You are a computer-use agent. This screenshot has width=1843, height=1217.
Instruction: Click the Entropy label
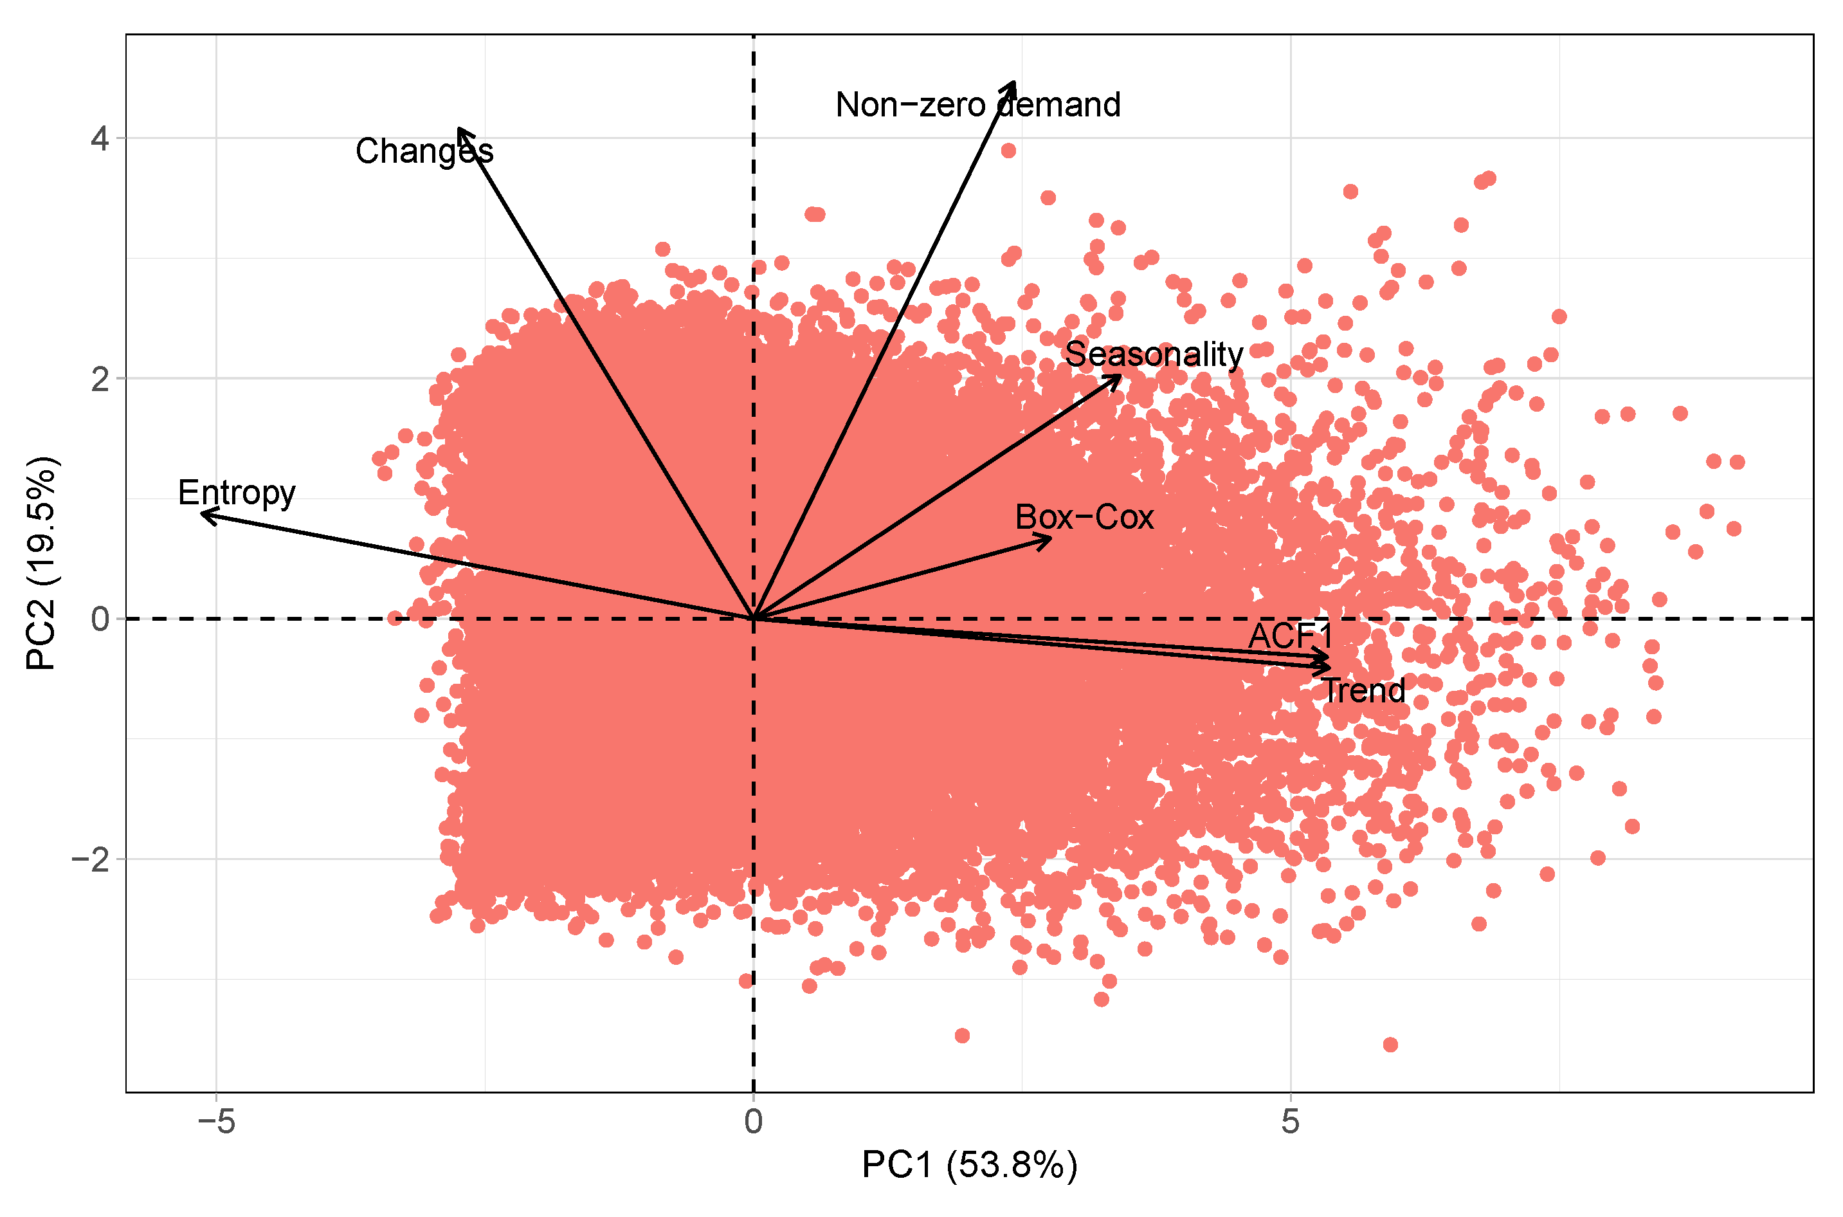237,493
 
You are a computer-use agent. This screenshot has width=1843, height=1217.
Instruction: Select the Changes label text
424,151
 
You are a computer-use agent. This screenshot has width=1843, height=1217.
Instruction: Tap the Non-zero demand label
977,105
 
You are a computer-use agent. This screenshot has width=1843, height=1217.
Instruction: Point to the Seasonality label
1154,354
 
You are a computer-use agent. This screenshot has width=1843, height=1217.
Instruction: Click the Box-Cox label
1084,517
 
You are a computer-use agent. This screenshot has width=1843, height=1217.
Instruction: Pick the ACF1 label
1290,636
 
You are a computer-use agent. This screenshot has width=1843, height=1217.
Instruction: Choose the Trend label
1363,691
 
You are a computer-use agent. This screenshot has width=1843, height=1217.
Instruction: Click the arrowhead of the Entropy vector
203,513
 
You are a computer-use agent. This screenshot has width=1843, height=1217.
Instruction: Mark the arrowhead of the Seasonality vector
1119,377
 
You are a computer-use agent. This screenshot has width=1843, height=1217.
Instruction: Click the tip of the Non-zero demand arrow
1013,82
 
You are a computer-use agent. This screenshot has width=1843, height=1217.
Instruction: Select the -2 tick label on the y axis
91,860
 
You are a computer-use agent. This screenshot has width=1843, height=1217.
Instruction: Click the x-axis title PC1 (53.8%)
969,1166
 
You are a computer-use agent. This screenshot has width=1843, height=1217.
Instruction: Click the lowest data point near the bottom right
1390,1045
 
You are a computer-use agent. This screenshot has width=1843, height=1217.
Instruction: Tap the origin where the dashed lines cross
754,619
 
